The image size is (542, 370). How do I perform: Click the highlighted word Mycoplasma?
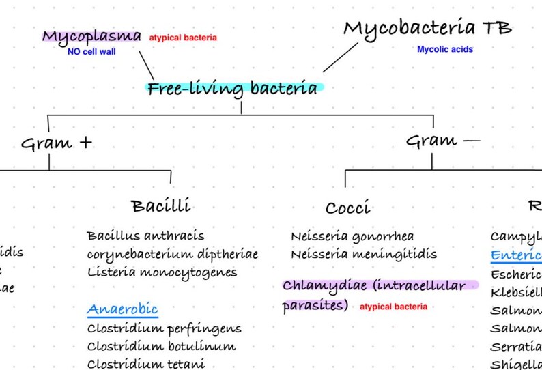tap(92, 36)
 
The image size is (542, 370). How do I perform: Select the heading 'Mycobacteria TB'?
tap(427, 29)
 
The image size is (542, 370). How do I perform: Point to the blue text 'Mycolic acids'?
tap(445, 49)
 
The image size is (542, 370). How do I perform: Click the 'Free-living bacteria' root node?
tap(233, 89)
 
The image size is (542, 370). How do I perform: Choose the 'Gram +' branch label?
tap(57, 143)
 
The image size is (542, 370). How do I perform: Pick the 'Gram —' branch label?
tap(442, 141)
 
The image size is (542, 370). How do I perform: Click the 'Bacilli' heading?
tap(161, 205)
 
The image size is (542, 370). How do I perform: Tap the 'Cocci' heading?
tap(347, 208)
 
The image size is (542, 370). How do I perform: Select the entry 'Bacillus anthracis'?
tap(145, 236)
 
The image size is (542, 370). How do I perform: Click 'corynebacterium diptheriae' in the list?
tap(173, 254)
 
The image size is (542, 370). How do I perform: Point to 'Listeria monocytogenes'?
tap(162, 272)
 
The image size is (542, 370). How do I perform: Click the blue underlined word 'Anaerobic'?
tap(122, 309)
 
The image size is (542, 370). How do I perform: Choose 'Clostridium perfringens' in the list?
tap(164, 328)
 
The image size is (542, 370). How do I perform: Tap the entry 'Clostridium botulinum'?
tap(161, 346)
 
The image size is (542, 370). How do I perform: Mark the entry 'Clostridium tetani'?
tap(146, 363)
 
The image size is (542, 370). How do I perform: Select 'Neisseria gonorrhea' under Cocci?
tap(352, 236)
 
